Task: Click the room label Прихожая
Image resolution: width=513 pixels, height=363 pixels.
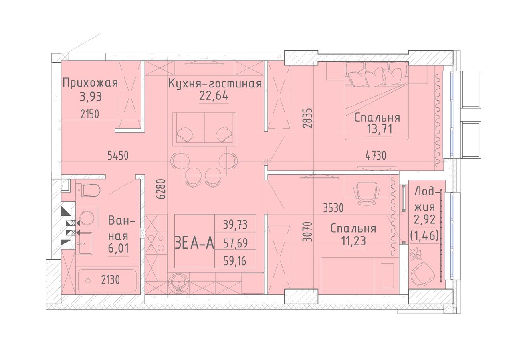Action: pos(90,83)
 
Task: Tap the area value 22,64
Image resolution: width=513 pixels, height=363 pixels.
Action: pos(214,95)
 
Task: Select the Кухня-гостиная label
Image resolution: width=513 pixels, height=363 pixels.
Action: pos(215,83)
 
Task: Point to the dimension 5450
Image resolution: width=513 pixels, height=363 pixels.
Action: pos(118,156)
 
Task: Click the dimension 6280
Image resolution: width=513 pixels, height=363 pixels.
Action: pos(162,189)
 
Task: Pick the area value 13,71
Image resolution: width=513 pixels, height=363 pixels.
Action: pos(380,129)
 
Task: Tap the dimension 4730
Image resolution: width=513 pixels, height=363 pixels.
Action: pos(376,156)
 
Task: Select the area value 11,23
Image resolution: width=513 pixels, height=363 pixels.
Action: pos(353,241)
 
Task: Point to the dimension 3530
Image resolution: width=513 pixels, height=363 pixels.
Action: pos(333,208)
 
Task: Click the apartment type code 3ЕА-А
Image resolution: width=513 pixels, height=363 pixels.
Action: pos(194,243)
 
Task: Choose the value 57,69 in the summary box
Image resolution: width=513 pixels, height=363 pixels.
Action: pos(235,243)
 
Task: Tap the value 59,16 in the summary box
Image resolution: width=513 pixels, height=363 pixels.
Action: pos(235,261)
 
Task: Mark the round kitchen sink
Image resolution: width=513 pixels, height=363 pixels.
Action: pos(178,284)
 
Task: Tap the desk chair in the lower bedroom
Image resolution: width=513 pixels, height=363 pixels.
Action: pos(366,193)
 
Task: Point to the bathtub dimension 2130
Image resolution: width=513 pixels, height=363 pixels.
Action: pos(110,280)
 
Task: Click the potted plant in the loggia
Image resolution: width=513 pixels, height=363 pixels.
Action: pos(416,253)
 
